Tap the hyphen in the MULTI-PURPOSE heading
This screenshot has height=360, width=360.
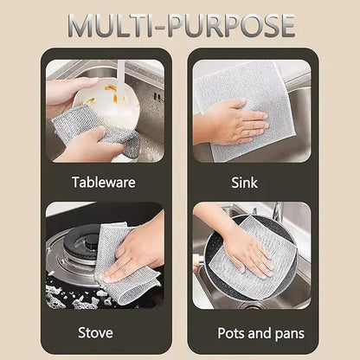tap(165, 27)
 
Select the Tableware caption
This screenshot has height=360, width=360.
tap(105, 183)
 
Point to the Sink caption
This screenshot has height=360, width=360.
tap(245, 183)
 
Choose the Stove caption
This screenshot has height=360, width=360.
tap(95, 331)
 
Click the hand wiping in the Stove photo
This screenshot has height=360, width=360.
tap(138, 251)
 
